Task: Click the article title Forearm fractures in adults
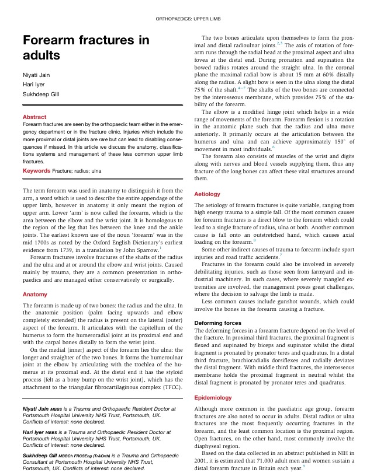click(x=86, y=48)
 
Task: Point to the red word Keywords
click(x=36, y=170)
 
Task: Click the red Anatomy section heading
click(x=34, y=295)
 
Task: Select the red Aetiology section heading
click(x=207, y=194)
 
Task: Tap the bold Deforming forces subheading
click(x=217, y=323)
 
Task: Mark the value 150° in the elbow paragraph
click(x=333, y=142)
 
